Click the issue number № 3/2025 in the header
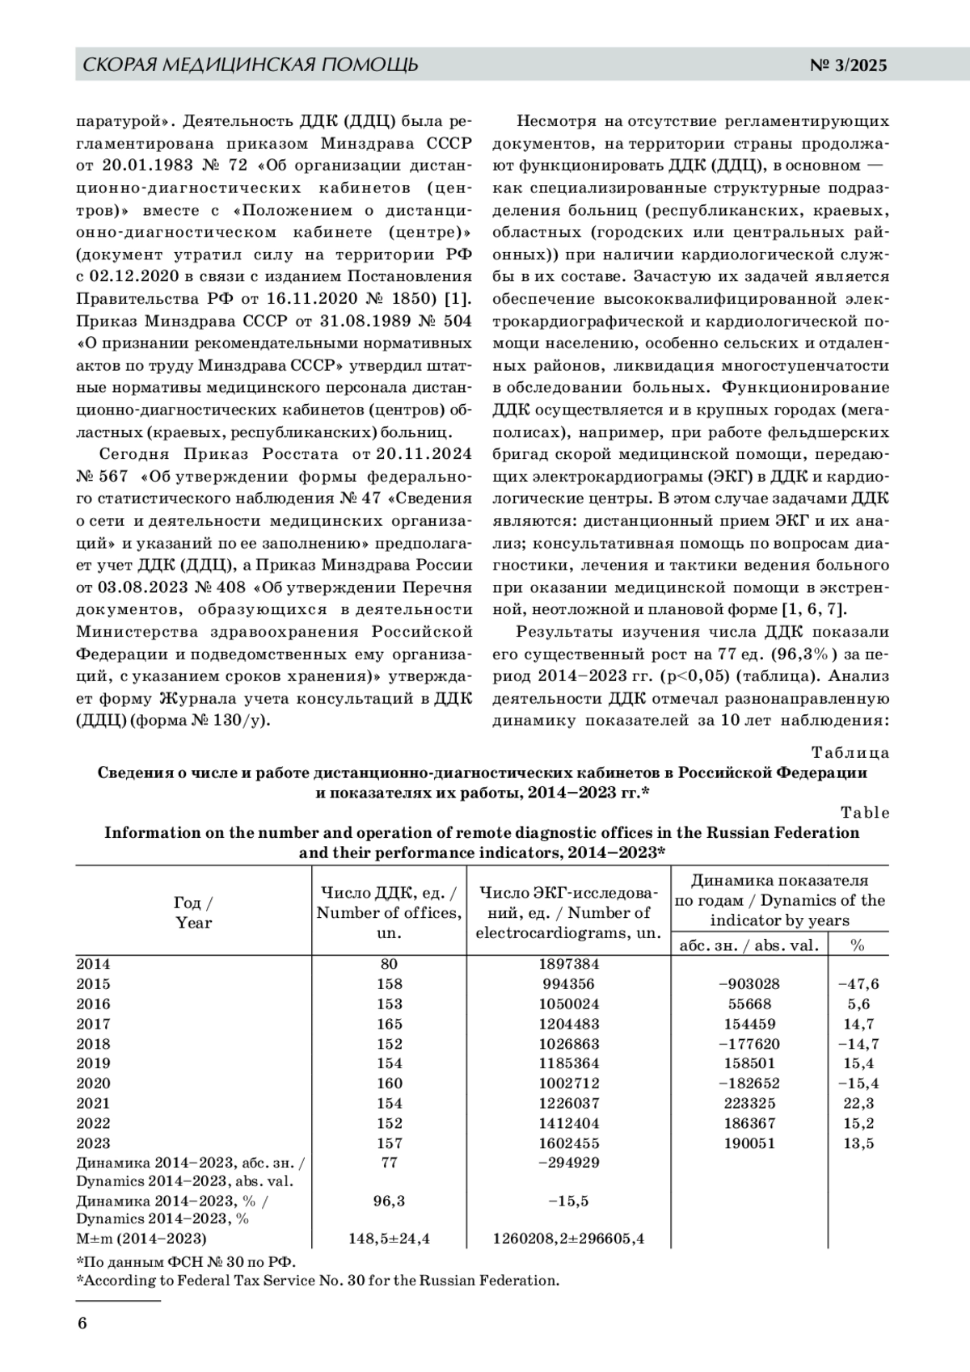[x=848, y=65]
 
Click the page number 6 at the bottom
[x=82, y=1324]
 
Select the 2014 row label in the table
[x=93, y=964]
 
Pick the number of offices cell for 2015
[x=389, y=984]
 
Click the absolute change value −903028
[x=749, y=984]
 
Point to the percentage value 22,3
[x=858, y=1104]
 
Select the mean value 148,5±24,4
[x=389, y=1239]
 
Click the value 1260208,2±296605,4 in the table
[x=569, y=1239]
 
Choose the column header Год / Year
[x=194, y=912]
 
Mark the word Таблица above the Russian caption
[x=850, y=753]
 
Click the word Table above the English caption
[x=865, y=813]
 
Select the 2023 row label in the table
[x=93, y=1143]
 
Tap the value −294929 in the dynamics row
[x=569, y=1164]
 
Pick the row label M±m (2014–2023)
[x=141, y=1239]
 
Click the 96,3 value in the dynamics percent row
[x=389, y=1202]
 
